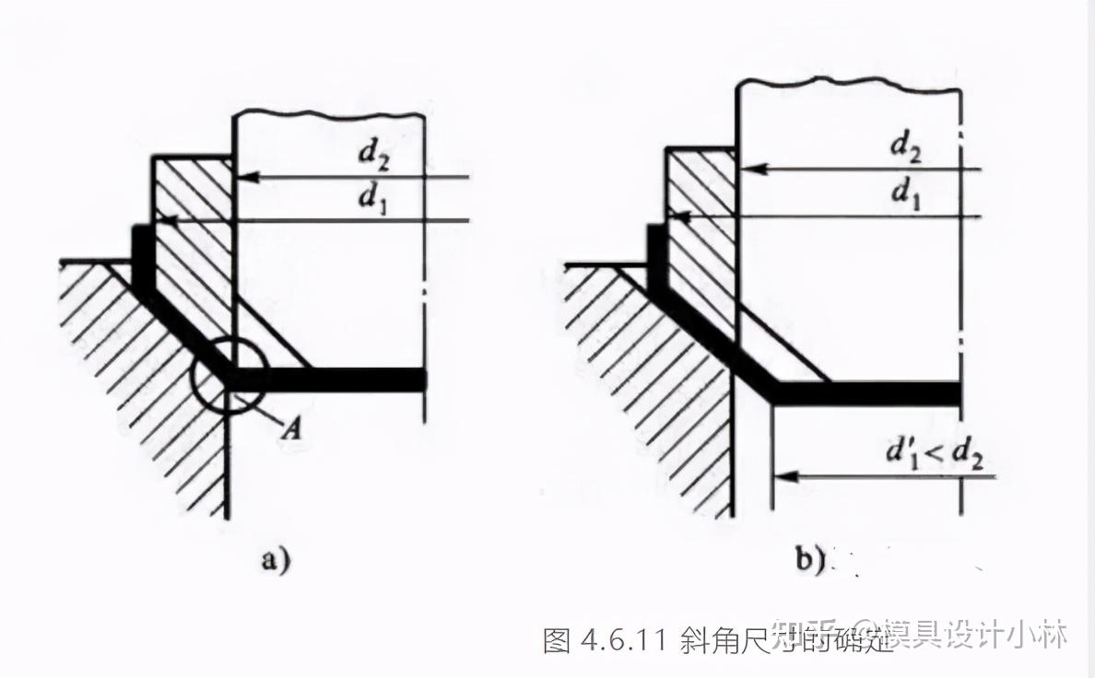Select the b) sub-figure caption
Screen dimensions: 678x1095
pos(810,560)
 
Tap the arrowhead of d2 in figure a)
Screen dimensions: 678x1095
pos(242,175)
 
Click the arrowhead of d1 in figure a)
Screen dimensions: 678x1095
pos(161,220)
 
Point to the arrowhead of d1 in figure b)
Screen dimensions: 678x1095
pos(674,216)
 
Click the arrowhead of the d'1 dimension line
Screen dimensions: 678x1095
pos(781,476)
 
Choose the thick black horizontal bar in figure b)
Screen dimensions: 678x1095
pos(866,393)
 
